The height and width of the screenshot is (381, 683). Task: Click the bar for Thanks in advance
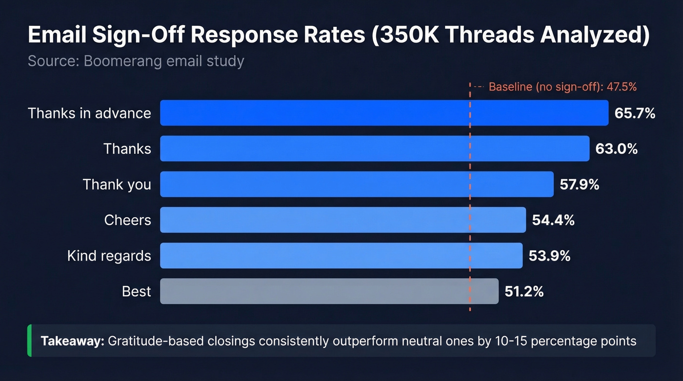tap(384, 113)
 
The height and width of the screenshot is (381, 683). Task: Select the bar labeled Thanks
tap(375, 148)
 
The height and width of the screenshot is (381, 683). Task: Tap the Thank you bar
tap(357, 184)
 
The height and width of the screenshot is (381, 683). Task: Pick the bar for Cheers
tap(343, 220)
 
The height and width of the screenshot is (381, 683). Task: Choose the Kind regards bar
tap(341, 255)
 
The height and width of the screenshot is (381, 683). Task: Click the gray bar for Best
tap(329, 291)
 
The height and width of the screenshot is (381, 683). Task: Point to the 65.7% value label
tap(635, 113)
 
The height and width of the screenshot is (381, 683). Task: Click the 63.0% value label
tap(616, 149)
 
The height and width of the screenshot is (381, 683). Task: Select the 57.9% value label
tap(580, 184)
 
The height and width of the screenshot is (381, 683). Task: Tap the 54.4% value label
tap(553, 220)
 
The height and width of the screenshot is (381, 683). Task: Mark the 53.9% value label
tap(549, 256)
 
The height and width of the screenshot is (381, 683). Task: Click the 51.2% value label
tap(524, 291)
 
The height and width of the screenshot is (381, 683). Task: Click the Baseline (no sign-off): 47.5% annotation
tap(562, 87)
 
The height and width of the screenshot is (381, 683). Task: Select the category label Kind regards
tap(109, 256)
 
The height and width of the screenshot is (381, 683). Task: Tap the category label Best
tap(137, 291)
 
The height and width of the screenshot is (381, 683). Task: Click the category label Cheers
tap(127, 220)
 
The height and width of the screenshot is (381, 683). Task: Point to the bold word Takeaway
tap(72, 341)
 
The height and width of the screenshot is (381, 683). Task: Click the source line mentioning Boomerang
tap(136, 61)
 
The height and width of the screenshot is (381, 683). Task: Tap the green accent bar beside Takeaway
tap(29, 341)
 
